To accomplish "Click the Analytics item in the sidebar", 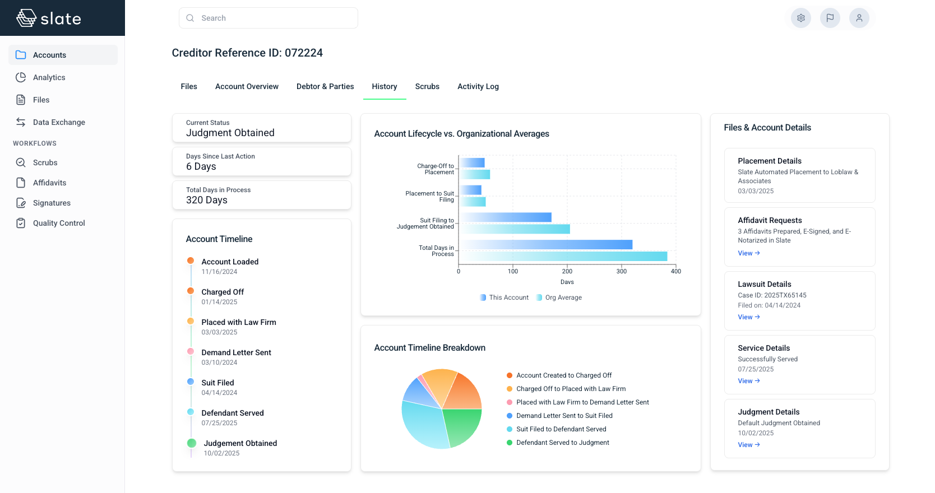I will (49, 77).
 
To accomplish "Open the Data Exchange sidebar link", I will (59, 122).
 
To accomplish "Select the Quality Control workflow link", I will (59, 223).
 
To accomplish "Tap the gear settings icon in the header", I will (801, 18).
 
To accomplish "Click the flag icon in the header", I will (830, 18).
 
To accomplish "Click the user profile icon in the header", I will (859, 18).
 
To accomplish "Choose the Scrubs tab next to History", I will (427, 86).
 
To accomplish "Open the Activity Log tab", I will (478, 86).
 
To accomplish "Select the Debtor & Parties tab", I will (325, 86).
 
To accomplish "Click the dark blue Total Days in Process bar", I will (547, 245).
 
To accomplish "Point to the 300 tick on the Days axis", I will (622, 271).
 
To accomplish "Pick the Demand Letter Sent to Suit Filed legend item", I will (564, 416).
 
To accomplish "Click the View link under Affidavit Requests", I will (748, 253).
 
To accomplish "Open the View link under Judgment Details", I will (748, 445).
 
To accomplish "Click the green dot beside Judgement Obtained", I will (192, 443).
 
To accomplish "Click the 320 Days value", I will (207, 200).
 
